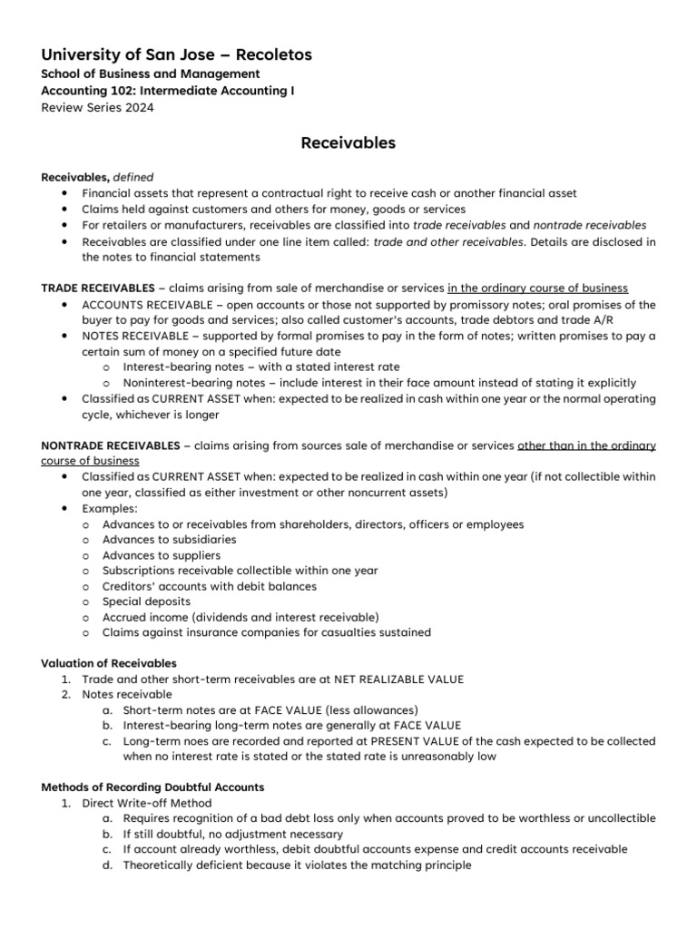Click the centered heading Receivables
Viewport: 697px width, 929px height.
tap(348, 142)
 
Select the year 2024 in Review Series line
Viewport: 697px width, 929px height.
tap(138, 107)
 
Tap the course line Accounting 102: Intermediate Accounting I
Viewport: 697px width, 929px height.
tap(168, 91)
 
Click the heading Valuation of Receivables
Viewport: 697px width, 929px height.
tap(109, 663)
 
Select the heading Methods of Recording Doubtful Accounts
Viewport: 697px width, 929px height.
tap(152, 787)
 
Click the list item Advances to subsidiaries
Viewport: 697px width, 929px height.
tap(169, 539)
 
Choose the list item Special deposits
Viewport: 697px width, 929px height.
tap(146, 601)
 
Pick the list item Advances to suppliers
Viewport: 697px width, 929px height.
tap(161, 554)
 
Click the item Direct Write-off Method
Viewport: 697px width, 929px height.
tap(146, 803)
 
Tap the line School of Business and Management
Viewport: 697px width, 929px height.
tap(151, 73)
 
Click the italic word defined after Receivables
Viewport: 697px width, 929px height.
tap(133, 178)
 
